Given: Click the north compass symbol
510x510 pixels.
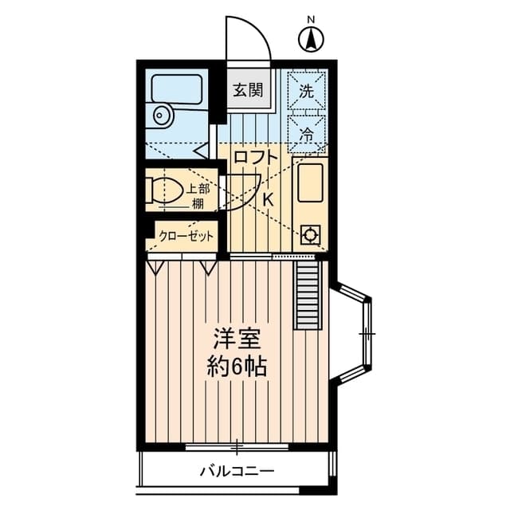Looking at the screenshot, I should pos(311,37).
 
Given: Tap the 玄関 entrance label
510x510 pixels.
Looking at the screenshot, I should pos(248,89).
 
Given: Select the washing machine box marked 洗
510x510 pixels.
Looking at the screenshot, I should pos(307,91).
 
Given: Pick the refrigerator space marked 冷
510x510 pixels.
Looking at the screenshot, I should pos(307,135).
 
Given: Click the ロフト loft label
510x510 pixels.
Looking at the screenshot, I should pos(256,157).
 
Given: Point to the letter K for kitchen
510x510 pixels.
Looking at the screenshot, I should pos(268,199).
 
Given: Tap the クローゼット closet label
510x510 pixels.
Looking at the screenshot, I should pos(186,236).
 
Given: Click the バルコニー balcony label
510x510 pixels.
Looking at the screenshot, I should pos(237,471).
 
